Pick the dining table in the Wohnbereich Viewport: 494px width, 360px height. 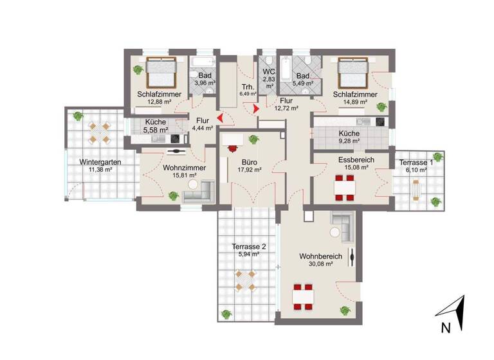[x=302, y=296]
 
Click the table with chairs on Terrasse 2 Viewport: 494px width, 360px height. [x=244, y=280]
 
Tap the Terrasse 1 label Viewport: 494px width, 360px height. [x=416, y=163]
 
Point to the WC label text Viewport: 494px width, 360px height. [x=268, y=72]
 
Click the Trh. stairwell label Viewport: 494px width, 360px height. [x=248, y=87]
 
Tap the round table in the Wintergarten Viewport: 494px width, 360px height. [x=99, y=132]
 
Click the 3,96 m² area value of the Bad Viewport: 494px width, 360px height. [x=205, y=83]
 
